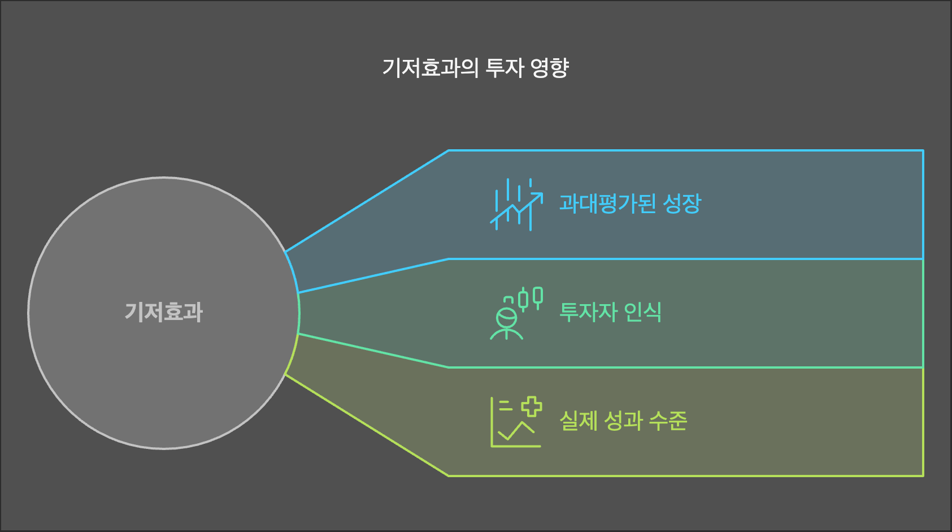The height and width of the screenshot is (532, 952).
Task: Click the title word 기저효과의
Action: tap(430, 68)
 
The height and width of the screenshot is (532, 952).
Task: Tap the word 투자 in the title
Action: tap(505, 68)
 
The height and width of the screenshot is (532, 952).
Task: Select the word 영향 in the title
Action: tap(550, 68)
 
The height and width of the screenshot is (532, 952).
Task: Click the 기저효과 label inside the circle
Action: tap(164, 312)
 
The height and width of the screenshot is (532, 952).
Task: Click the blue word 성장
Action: tap(682, 204)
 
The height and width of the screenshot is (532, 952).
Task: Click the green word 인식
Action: tap(643, 312)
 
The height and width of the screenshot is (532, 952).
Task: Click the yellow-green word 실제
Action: tap(578, 421)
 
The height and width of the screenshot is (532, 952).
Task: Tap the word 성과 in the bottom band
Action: tap(624, 421)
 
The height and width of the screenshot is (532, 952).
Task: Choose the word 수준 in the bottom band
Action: tap(668, 421)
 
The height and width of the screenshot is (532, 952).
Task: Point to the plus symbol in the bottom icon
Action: tap(531, 406)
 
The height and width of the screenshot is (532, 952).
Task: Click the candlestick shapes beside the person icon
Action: tap(531, 297)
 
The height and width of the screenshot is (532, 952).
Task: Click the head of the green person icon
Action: tap(506, 318)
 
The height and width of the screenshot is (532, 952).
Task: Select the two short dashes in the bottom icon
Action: tap(506, 405)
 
